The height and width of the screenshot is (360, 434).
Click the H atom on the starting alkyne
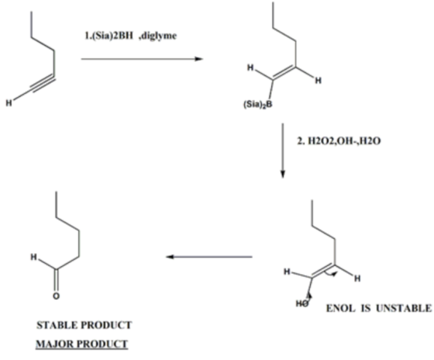pyautogui.click(x=9, y=103)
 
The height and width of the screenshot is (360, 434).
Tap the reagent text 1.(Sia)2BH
pyautogui.click(x=108, y=36)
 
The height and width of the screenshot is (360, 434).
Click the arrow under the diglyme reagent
pyautogui.click(x=142, y=59)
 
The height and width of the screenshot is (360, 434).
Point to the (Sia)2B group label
pyautogui.click(x=257, y=105)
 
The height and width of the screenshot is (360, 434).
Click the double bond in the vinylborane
pyautogui.click(x=284, y=73)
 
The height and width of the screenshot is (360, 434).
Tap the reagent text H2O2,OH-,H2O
pyautogui.click(x=344, y=141)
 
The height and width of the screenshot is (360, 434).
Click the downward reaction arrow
pyautogui.click(x=283, y=151)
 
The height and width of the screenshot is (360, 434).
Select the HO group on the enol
pyautogui.click(x=302, y=303)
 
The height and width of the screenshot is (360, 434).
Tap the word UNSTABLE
pyautogui.click(x=404, y=308)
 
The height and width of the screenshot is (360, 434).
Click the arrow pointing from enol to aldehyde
pyautogui.click(x=209, y=257)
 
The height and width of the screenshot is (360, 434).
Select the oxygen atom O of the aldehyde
pyautogui.click(x=56, y=296)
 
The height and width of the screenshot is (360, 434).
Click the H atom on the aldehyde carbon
pyautogui.click(x=34, y=257)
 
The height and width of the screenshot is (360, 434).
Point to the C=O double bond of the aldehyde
pyautogui.click(x=56, y=280)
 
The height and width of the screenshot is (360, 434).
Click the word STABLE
pyautogui.click(x=54, y=325)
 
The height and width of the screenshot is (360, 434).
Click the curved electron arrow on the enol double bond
pyautogui.click(x=331, y=274)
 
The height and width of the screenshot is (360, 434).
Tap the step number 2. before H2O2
pyautogui.click(x=301, y=141)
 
